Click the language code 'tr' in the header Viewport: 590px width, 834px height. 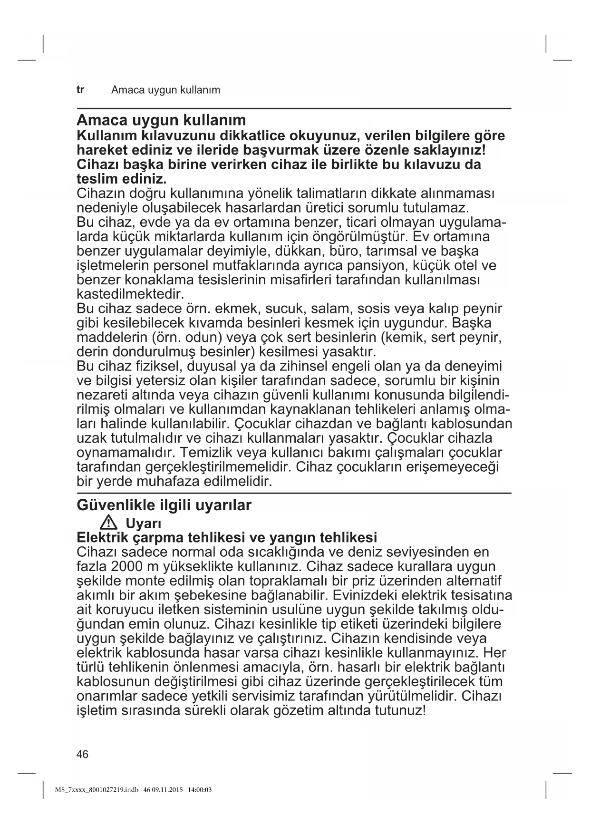tap(80, 89)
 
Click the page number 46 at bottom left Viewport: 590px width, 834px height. tap(82, 754)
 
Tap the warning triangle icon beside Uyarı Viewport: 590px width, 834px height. tap(109, 524)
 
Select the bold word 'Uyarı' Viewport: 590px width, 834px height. tap(144, 524)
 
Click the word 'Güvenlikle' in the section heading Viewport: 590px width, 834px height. tap(117, 505)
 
